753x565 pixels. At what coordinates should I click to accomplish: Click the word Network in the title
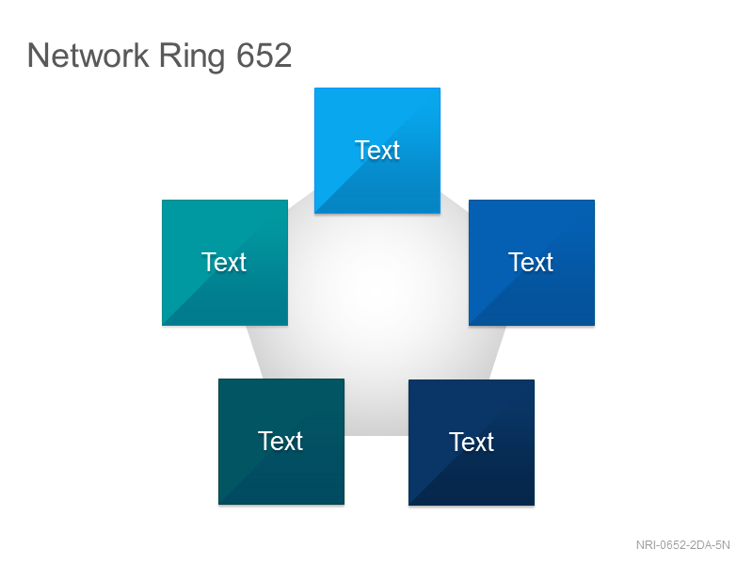click(88, 56)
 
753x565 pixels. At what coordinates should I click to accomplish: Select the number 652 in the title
click(264, 56)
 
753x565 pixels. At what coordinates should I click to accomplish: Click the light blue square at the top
click(377, 151)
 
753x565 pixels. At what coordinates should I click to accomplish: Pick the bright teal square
click(225, 263)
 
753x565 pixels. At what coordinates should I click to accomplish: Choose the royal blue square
click(532, 263)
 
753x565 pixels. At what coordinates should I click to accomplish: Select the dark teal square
click(281, 442)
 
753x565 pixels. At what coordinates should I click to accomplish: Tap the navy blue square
click(472, 443)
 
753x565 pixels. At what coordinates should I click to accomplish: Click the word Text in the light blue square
click(377, 151)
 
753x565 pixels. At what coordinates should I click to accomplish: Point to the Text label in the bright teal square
click(224, 263)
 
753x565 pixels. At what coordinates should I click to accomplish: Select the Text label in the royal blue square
click(531, 263)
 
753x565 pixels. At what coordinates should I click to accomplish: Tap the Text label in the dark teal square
click(280, 441)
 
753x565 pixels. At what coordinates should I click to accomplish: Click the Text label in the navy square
click(472, 442)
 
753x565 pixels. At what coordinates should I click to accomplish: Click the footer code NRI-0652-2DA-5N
click(683, 545)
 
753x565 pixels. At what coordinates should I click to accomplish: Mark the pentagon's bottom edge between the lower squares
click(376, 435)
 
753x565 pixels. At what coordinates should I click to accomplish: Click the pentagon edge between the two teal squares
click(254, 352)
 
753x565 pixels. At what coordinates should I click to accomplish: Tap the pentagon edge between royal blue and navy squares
click(498, 352)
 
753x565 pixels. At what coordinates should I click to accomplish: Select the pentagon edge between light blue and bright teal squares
click(301, 196)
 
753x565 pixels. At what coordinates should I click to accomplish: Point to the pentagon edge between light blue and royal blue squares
click(455, 202)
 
